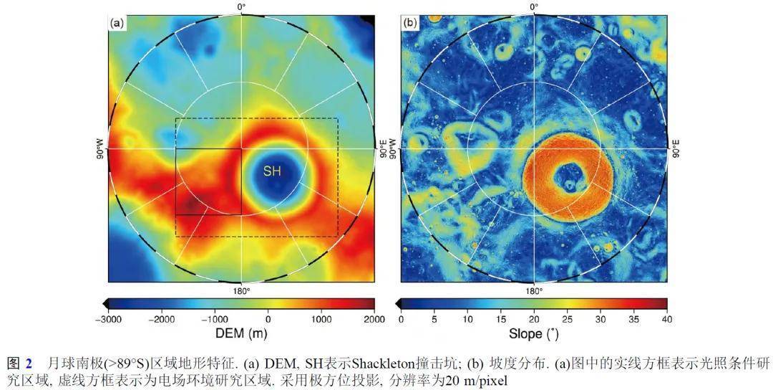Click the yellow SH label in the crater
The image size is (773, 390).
(272, 171)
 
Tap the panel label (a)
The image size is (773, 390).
(117, 23)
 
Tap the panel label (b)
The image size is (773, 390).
(410, 23)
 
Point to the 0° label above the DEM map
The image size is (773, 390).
(241, 6)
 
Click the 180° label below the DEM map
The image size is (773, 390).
(241, 290)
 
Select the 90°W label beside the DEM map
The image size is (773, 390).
(99, 148)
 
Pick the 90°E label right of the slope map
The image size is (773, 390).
(675, 148)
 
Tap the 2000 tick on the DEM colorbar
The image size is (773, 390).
(374, 319)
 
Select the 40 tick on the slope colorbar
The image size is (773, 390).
(667, 319)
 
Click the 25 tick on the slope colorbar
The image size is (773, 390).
(567, 319)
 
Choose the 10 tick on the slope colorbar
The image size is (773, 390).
(467, 319)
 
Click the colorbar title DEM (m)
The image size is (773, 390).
(241, 334)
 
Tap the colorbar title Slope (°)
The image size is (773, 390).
(533, 334)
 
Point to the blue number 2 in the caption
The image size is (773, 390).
(29, 363)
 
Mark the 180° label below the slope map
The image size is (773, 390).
(534, 290)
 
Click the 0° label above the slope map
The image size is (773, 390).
(534, 6)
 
